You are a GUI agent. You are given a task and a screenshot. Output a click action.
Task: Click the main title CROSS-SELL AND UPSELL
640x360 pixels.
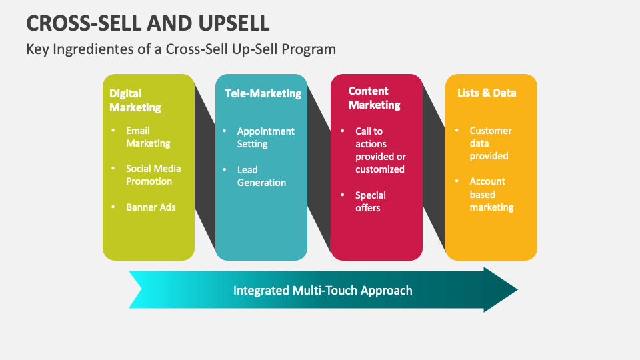[x=148, y=23]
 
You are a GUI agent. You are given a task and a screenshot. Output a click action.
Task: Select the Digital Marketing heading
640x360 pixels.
[x=135, y=100]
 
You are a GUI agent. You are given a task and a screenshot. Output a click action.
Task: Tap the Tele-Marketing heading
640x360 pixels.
[x=263, y=93]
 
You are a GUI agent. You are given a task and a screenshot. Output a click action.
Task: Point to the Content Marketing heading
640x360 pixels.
[x=374, y=98]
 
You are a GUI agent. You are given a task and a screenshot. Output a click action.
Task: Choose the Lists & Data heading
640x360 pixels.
[x=486, y=93]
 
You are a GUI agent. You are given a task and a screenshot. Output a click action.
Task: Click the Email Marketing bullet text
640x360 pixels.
[x=148, y=137]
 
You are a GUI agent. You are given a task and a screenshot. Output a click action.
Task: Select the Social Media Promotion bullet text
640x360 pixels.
[x=153, y=175]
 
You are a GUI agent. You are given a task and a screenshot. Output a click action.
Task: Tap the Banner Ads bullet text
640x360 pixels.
[x=151, y=207]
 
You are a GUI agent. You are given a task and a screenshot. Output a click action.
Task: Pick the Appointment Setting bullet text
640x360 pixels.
[x=265, y=137]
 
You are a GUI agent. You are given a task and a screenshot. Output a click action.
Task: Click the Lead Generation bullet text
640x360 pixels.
[x=261, y=176]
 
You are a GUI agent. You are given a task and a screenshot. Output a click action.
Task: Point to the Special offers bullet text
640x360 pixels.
[x=370, y=201]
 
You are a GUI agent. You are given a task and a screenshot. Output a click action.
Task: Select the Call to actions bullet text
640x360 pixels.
[x=379, y=150]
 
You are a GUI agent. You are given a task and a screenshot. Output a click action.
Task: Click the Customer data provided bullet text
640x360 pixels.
[x=490, y=143]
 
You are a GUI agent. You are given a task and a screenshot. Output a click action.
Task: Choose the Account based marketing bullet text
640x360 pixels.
[x=491, y=194]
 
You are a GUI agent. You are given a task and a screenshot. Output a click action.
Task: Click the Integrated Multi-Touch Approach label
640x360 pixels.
[x=323, y=290]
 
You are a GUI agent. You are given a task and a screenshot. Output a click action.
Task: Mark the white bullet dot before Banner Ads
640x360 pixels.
[x=112, y=207]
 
